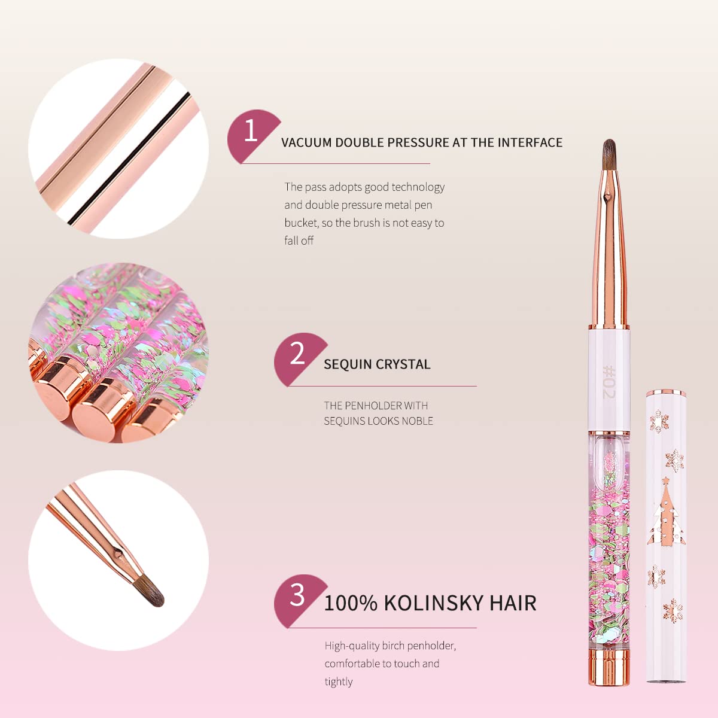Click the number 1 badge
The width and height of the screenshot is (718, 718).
pyautogui.click(x=251, y=132)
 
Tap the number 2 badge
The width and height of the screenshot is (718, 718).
pyautogui.click(x=297, y=354)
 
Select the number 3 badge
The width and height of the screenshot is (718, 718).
pyautogui.click(x=297, y=596)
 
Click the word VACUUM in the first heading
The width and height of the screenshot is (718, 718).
pyautogui.click(x=306, y=142)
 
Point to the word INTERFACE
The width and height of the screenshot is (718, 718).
pyautogui.click(x=530, y=142)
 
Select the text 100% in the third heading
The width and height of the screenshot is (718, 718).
pyautogui.click(x=351, y=603)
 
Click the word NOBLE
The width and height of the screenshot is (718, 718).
pyautogui.click(x=418, y=421)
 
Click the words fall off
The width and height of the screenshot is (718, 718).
pyautogui.click(x=299, y=241)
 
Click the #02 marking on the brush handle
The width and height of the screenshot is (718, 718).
pyautogui.click(x=609, y=383)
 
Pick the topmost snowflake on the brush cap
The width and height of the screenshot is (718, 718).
pyautogui.click(x=659, y=421)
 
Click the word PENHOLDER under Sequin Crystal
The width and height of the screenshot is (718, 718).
pyautogui.click(x=373, y=406)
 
